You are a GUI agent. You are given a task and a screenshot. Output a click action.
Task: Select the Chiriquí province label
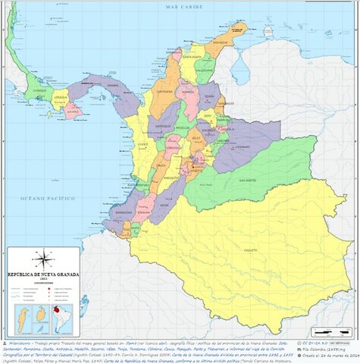pyautogui.click(x=34, y=96)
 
